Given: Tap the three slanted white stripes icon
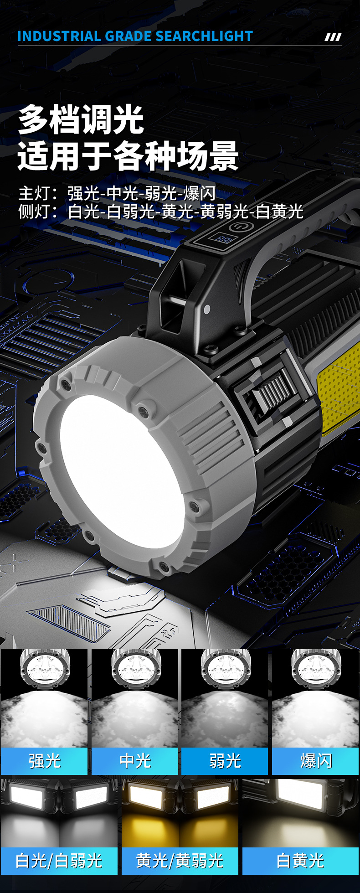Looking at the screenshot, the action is click(333, 37).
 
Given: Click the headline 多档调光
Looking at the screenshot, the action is click(81, 119).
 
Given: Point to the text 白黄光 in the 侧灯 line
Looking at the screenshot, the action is click(279, 212).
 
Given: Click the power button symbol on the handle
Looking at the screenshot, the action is click(239, 227).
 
